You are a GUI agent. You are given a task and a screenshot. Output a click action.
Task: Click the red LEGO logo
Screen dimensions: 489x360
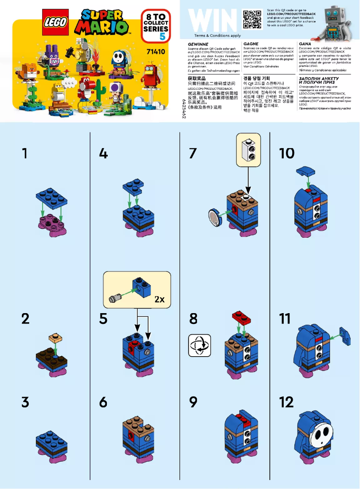56,22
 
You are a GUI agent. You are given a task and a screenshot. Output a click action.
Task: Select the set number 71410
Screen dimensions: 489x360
156,52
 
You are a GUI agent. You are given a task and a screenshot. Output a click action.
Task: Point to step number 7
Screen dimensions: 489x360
193,153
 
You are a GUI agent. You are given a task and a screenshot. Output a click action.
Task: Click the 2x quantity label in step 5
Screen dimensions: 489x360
159,300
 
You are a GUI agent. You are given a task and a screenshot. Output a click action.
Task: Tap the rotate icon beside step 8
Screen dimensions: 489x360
199,345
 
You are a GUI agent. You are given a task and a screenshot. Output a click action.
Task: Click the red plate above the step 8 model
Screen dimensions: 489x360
241,318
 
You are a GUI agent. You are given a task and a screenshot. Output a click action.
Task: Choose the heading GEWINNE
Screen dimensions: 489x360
198,44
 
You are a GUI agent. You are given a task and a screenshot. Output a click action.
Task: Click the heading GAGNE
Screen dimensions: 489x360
250,44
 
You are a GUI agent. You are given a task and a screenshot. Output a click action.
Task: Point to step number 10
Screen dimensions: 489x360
286,153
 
